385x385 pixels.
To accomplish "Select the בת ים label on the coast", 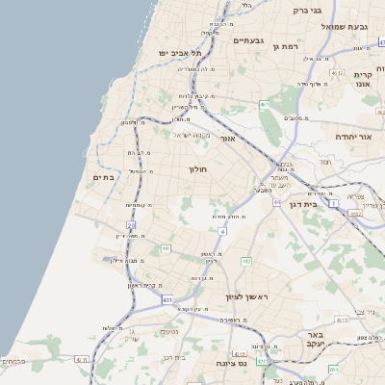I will [103, 177].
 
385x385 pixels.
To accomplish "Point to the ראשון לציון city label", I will [246, 297].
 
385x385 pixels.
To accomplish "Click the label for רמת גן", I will [289, 45].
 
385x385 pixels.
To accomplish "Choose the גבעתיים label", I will [248, 40].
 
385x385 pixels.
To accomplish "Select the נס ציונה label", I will [231, 363].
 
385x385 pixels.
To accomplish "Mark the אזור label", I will [228, 139].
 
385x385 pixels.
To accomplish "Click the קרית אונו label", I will [363, 80].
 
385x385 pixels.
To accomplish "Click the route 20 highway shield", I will [130, 224].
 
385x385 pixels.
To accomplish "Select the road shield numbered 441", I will [166, 248].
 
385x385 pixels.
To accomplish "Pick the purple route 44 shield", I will [276, 202].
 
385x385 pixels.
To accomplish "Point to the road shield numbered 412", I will [246, 261].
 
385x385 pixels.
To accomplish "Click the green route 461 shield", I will [263, 104].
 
